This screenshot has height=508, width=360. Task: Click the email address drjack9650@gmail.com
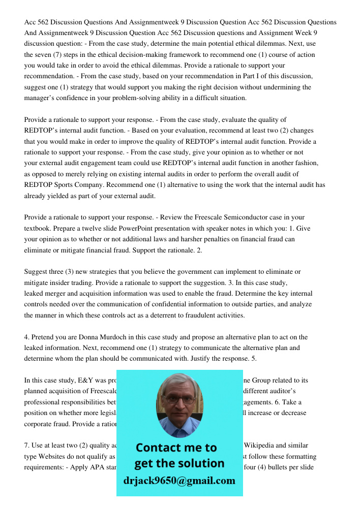(x=179, y=481)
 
